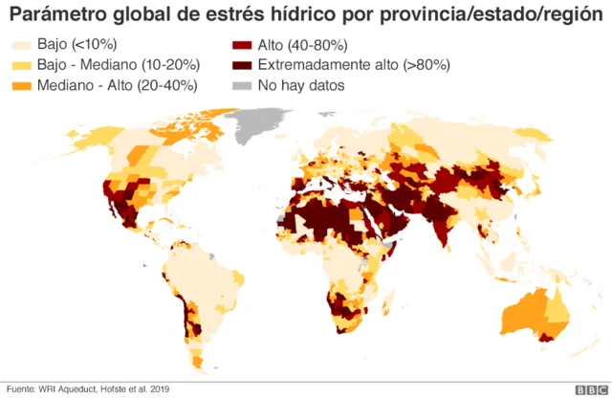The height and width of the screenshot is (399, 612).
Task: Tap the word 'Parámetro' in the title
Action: (57, 16)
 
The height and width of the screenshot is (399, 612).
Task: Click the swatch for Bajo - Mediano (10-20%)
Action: (21, 65)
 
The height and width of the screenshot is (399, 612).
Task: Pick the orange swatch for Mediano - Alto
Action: (21, 85)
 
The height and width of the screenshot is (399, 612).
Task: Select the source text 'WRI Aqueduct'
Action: (69, 388)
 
